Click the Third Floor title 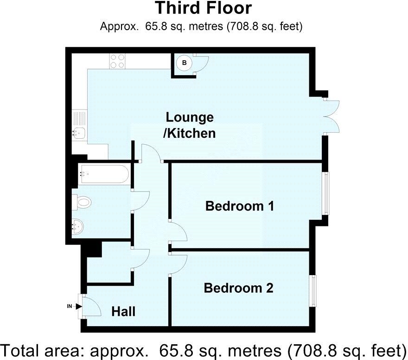203,8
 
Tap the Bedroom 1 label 240,206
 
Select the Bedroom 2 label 238,288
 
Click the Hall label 123,311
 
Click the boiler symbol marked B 185,63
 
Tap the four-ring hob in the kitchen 117,62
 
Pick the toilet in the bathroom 82,201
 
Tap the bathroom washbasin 78,227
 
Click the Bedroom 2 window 313,291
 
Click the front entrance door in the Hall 90,305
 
